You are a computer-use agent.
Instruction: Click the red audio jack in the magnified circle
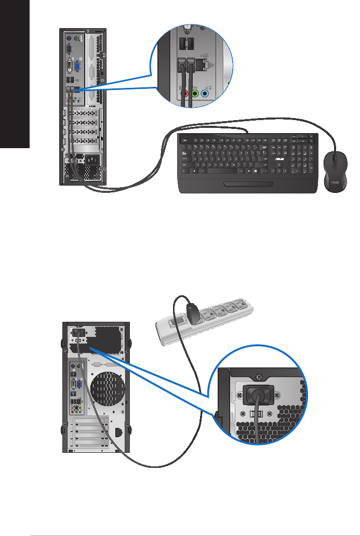coord(185,94)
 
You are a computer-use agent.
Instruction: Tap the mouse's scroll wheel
coord(335,156)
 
